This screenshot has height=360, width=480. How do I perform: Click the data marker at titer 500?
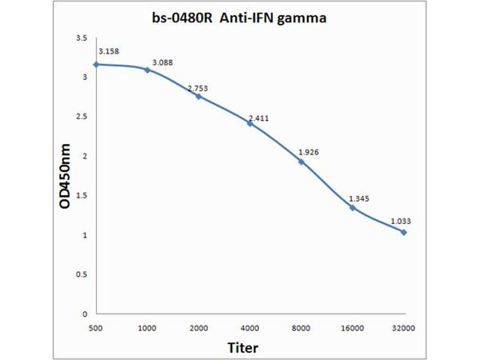96,64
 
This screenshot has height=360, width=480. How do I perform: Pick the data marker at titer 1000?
147,70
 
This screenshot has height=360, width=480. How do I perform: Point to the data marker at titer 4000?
250,123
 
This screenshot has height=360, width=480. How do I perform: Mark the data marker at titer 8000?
301,161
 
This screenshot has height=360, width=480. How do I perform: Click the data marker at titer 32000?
404,232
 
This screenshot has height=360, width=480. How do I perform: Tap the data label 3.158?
109,51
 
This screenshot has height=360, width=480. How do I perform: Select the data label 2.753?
197,88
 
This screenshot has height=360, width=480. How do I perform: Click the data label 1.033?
401,221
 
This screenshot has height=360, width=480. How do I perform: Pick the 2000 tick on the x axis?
199,328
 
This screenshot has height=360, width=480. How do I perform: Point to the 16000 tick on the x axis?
352,328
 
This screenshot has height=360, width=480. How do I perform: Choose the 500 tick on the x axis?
96,328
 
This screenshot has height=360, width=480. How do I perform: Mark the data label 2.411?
258,118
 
